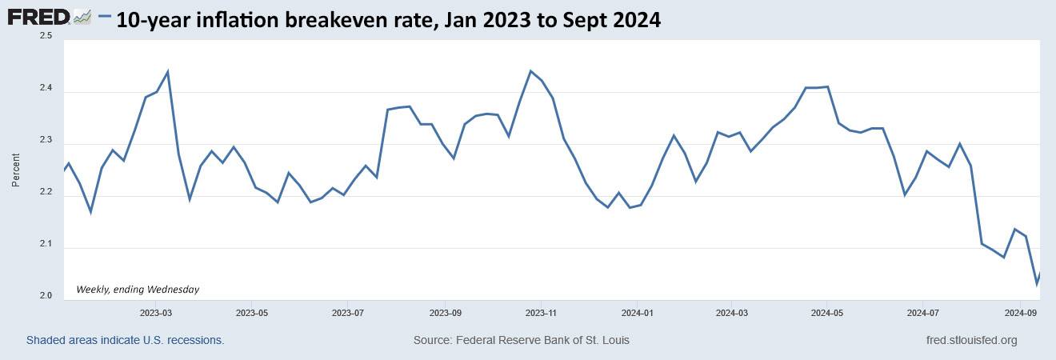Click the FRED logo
click(40, 17)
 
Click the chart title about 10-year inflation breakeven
click(388, 20)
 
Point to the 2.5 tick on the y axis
click(45, 37)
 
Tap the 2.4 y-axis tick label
click(45, 89)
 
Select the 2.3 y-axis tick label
click(45, 141)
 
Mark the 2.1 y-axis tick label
click(45, 245)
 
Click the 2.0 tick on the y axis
click(45, 297)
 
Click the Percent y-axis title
click(16, 170)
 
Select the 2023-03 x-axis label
click(156, 312)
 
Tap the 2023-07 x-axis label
click(348, 312)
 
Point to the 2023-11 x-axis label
click(541, 312)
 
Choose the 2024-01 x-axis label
click(638, 312)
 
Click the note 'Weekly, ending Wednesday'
click(138, 289)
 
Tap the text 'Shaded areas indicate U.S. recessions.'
click(125, 341)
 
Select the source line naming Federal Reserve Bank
click(521, 341)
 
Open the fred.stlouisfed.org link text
click(970, 341)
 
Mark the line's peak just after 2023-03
click(167, 72)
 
